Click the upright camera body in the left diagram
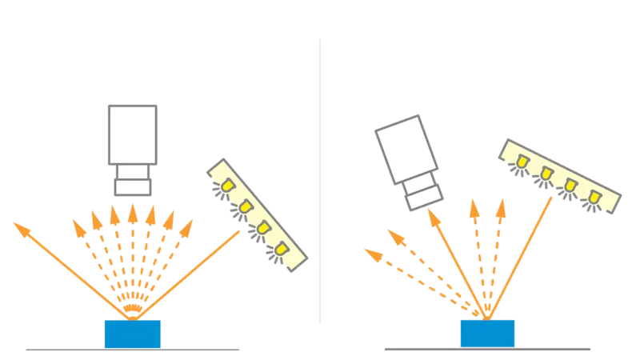[132, 132]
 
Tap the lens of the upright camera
[133, 179]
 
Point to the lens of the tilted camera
[425, 193]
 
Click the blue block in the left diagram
[134, 334]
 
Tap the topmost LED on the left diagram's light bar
[227, 186]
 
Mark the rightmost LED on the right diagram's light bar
[594, 195]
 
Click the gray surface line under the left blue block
[134, 349]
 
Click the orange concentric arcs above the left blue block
[133, 305]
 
